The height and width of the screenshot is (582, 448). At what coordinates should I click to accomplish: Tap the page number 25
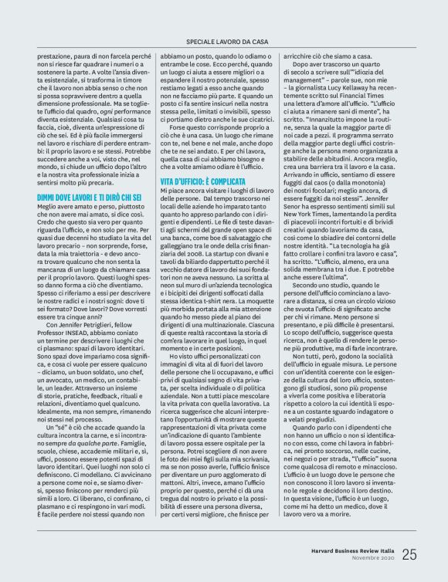pyautogui.click(x=409, y=554)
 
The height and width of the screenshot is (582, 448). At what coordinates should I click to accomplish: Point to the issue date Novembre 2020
pyautogui.click(x=374, y=558)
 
